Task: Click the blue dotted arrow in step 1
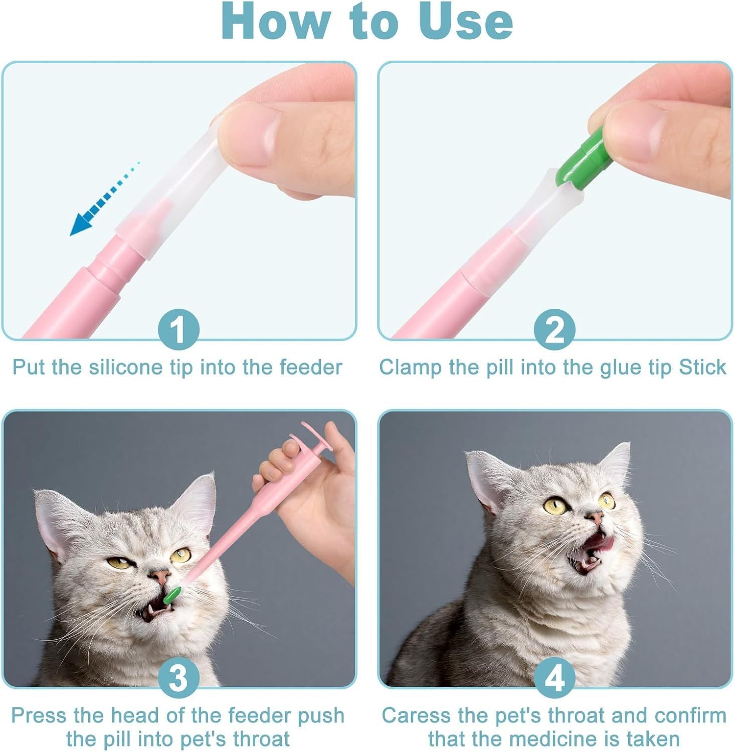pyautogui.click(x=103, y=201)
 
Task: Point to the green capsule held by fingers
pyautogui.click(x=582, y=159)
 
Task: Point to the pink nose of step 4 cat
pyautogui.click(x=595, y=517)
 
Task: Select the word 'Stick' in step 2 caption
pyautogui.click(x=702, y=367)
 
